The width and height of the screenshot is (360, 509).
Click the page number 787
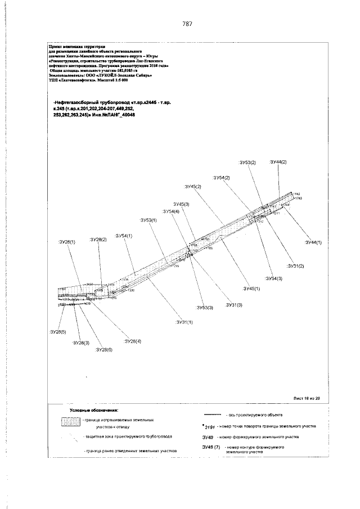pyautogui.click(x=187, y=24)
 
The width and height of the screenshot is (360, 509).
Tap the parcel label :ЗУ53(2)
pyautogui.click(x=247, y=163)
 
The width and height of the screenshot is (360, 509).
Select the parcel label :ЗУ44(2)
pyautogui.click(x=278, y=162)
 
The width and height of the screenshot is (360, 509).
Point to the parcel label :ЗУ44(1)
pyautogui.click(x=313, y=242)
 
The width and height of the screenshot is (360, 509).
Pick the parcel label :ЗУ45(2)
pyautogui.click(x=192, y=186)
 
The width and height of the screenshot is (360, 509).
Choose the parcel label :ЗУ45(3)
pyautogui.click(x=181, y=204)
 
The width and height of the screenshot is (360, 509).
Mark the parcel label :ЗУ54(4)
pyautogui.click(x=170, y=211)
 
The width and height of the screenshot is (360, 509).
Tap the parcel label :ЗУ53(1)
pyautogui.click(x=148, y=220)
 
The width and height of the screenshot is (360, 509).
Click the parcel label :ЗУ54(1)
pyautogui.click(x=123, y=236)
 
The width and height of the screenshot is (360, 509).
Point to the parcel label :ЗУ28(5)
pyautogui.click(x=57, y=332)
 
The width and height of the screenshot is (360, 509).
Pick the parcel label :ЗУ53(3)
pyautogui.click(x=204, y=308)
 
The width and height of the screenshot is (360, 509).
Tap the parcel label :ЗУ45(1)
pyautogui.click(x=251, y=288)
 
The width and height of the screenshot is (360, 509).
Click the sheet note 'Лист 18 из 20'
pyautogui.click(x=306, y=398)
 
